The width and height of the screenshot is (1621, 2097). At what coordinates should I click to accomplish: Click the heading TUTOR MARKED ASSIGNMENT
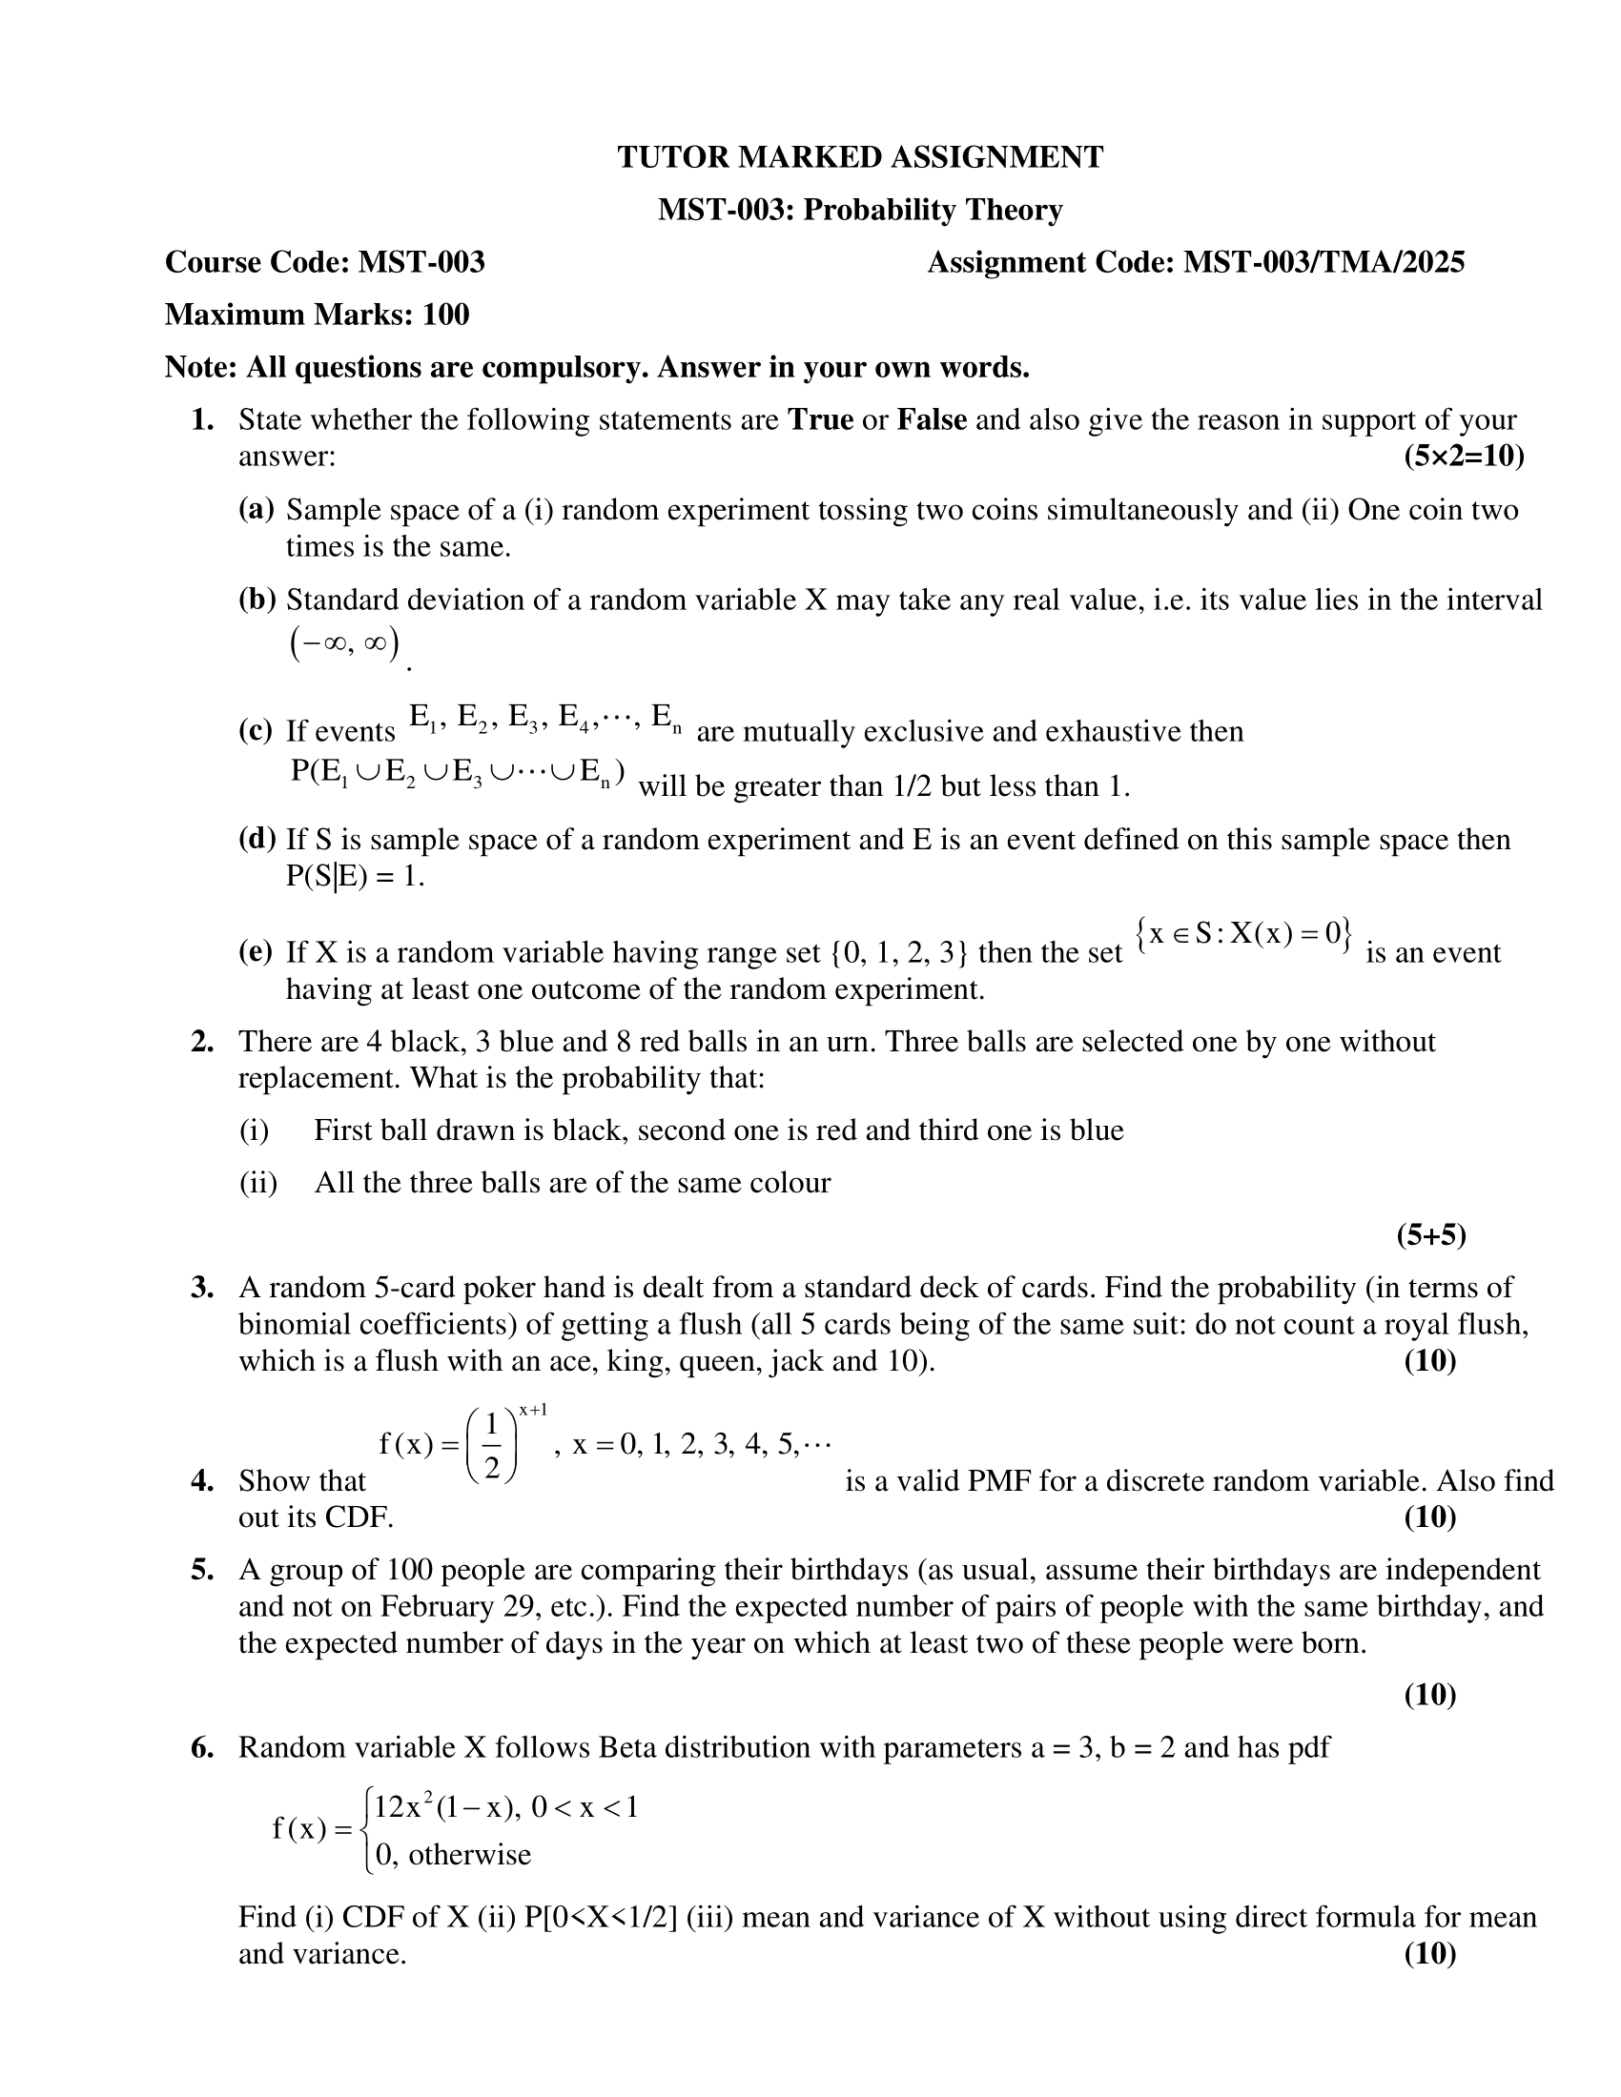point(859,157)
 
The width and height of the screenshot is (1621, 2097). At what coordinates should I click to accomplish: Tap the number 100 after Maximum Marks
point(445,315)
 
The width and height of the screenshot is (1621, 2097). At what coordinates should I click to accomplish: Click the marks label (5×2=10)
point(1463,456)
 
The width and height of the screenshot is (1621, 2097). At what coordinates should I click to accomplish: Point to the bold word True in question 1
point(820,420)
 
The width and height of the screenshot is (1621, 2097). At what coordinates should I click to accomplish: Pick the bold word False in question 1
point(931,420)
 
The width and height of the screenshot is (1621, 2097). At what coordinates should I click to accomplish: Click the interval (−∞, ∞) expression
point(344,644)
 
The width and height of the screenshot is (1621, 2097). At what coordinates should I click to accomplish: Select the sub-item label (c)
point(256,731)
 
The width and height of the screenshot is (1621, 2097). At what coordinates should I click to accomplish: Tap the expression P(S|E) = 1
point(355,876)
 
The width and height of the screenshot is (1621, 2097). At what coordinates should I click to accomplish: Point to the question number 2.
point(201,1041)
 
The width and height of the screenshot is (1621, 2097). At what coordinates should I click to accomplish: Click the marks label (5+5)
point(1431,1234)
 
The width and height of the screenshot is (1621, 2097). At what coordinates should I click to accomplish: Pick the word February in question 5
point(438,1606)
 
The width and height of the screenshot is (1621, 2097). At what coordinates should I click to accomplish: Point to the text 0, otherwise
point(452,1854)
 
